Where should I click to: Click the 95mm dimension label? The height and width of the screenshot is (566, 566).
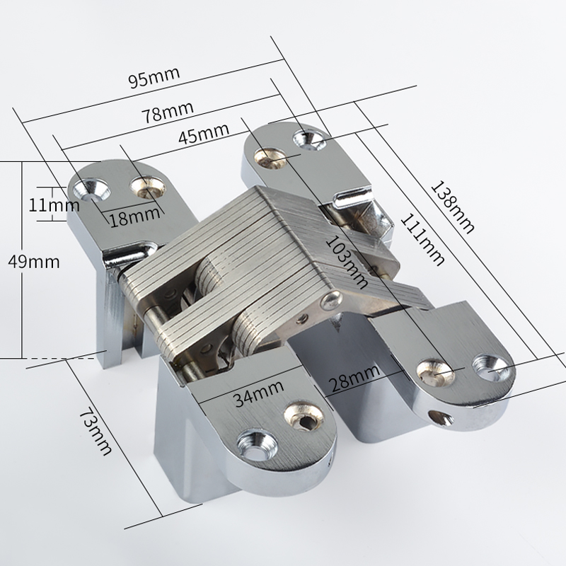[154, 78]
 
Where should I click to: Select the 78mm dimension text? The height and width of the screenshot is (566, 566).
[168, 112]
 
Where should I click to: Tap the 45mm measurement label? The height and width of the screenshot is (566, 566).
[204, 133]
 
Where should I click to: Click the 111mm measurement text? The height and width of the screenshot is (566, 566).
[422, 240]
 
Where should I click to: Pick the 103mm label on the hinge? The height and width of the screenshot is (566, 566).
[347, 262]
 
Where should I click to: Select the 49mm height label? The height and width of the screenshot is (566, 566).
[33, 262]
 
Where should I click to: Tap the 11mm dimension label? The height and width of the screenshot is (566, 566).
[54, 205]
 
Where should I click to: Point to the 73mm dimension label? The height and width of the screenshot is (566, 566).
[95, 431]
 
